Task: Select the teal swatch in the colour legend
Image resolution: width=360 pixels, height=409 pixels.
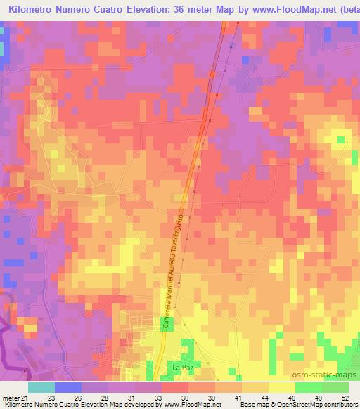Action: pos(41,387)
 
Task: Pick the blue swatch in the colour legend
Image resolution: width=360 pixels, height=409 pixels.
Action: pos(68,387)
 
